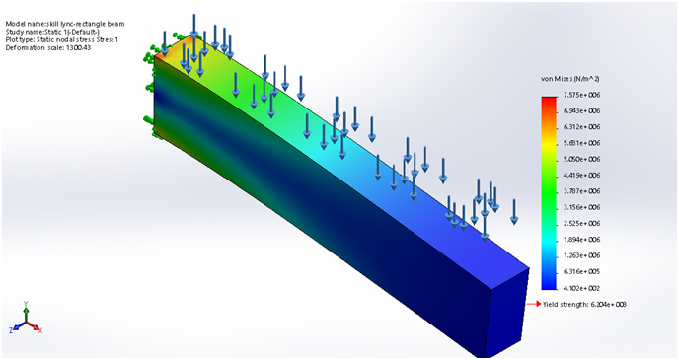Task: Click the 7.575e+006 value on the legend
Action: (x=580, y=95)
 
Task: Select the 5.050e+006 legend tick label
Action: (x=580, y=159)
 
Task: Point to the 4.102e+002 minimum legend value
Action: (x=580, y=287)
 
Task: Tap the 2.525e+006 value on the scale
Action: (x=580, y=223)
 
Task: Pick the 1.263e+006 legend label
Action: (x=580, y=254)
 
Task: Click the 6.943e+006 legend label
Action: (x=580, y=110)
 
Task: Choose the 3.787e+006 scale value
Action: (x=580, y=190)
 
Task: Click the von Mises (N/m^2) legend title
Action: (x=570, y=78)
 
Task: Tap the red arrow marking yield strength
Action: (x=535, y=304)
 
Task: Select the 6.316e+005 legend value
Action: (x=580, y=271)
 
